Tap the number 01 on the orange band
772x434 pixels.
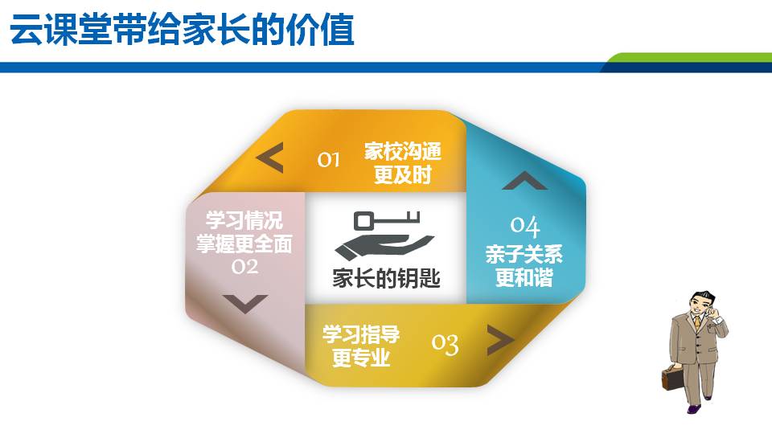(x=328, y=159)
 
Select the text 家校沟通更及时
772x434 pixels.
(x=403, y=163)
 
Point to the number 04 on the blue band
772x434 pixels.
(x=525, y=226)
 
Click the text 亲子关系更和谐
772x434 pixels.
(x=524, y=266)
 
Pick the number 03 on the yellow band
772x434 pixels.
(x=446, y=344)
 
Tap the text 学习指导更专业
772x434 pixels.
(x=361, y=346)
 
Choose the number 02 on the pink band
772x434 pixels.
(x=244, y=266)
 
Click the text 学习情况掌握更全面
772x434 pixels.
(x=244, y=232)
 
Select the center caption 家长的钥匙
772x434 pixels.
(x=386, y=278)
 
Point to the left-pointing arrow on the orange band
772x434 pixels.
(x=270, y=158)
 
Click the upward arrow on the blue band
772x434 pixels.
(x=524, y=181)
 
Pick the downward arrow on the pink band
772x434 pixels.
(x=245, y=303)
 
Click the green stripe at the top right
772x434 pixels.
(x=692, y=58)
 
